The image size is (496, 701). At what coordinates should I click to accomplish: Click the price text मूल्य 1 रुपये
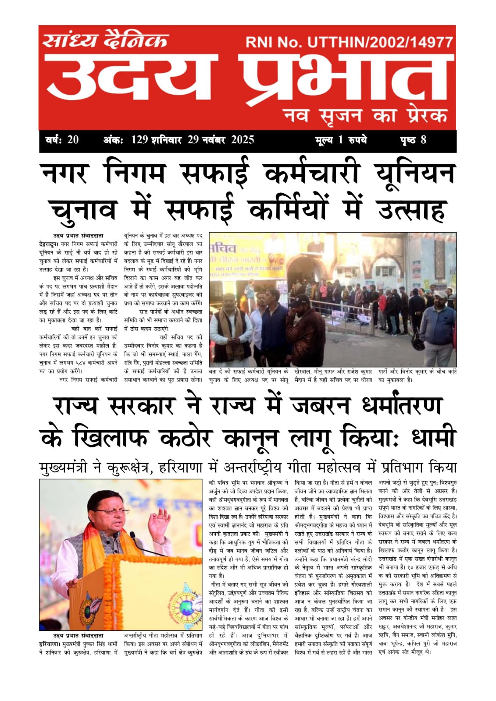click(341, 140)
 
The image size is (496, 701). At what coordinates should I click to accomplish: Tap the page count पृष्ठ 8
click(413, 140)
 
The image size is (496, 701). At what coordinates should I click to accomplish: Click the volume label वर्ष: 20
click(62, 140)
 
